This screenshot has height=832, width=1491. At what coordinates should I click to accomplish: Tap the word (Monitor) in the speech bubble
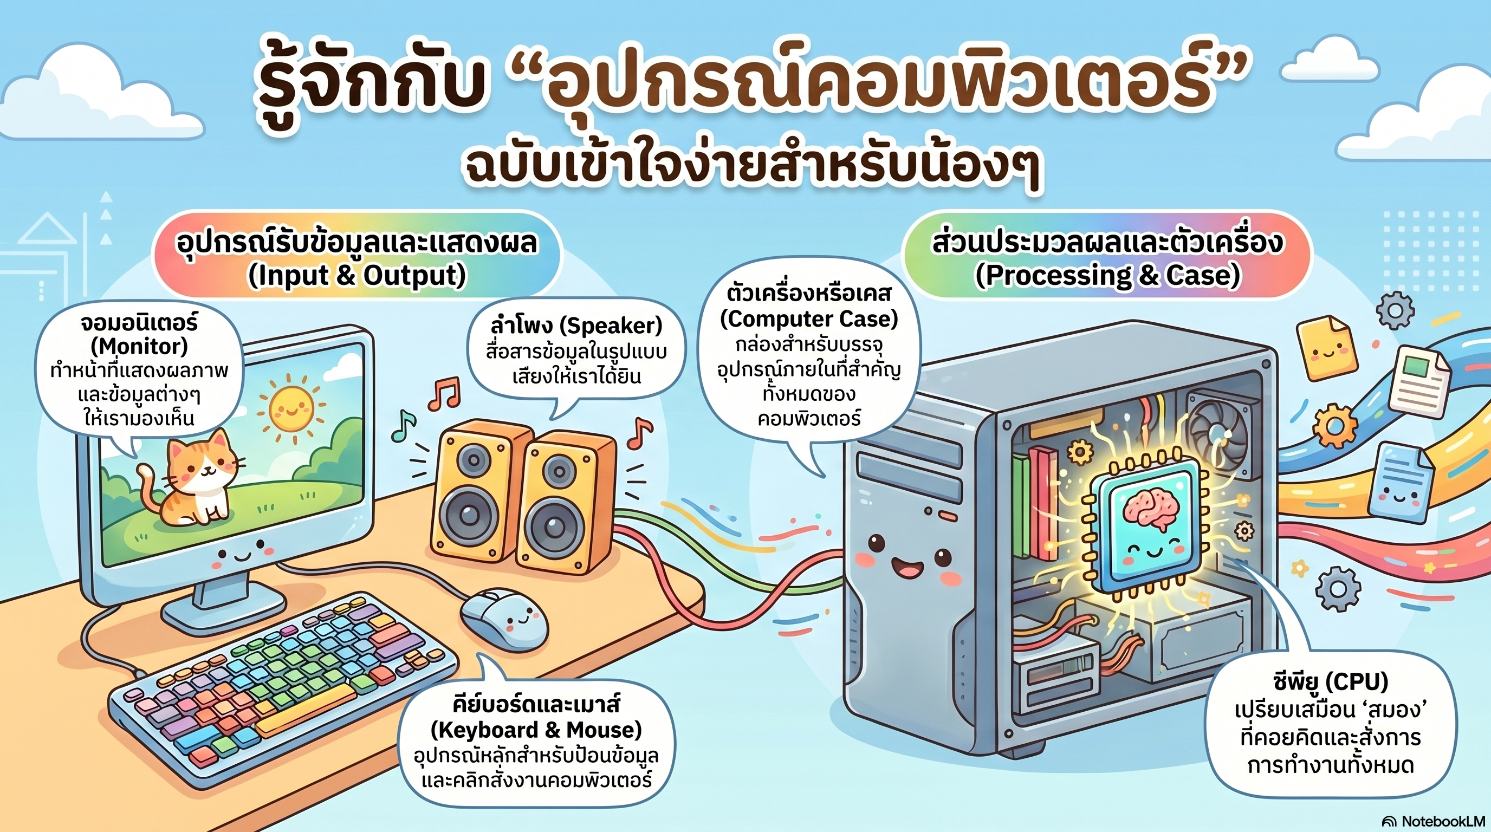click(139, 346)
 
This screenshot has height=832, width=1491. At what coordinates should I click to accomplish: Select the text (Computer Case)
click(808, 319)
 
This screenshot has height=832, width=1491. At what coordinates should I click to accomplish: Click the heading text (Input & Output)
click(357, 275)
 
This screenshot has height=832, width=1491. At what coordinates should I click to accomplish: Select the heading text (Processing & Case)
click(1108, 275)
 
